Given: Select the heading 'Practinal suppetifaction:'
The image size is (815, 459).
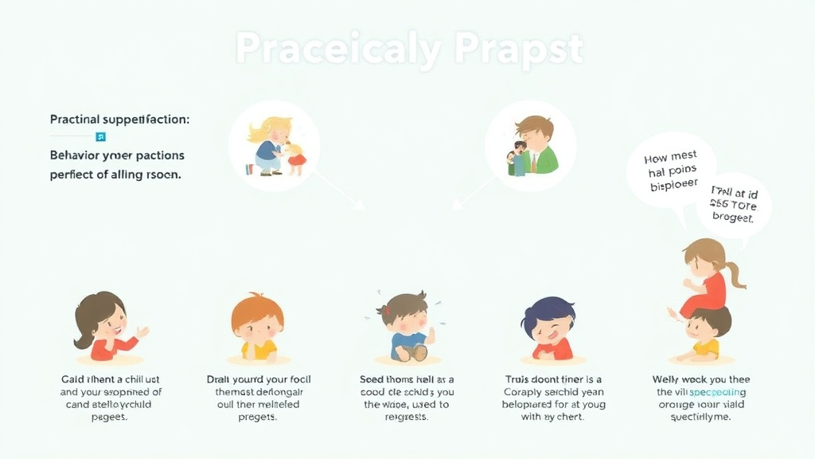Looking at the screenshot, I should point(119,120).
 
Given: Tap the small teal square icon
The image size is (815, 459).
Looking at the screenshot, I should point(100,136).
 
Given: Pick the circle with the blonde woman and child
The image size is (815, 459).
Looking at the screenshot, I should point(274,146).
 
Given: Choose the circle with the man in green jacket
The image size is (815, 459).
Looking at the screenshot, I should point(530,146).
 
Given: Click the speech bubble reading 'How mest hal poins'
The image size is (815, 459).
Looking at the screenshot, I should point(670,169).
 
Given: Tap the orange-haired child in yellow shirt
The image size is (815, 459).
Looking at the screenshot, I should point(256,327).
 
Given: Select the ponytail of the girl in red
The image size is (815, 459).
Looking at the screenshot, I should point(735,271).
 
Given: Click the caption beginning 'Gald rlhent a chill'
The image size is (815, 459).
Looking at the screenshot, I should point(111,392).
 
